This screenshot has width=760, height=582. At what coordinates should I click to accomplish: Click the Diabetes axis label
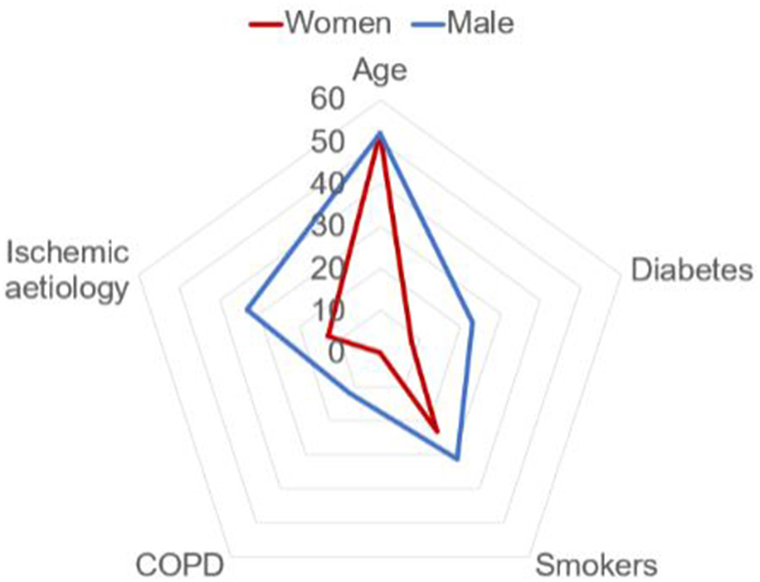tap(691, 270)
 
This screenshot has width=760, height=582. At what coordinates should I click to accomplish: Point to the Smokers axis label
tap(597, 565)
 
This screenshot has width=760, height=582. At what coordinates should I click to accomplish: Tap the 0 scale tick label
tap(336, 352)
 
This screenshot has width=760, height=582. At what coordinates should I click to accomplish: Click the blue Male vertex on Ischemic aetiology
tap(247, 310)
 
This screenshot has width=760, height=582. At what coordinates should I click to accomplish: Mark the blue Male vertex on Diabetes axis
tap(472, 322)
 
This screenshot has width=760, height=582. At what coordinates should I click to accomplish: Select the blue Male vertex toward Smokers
tap(457, 459)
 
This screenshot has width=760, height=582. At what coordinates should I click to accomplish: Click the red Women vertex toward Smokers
tap(438, 432)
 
